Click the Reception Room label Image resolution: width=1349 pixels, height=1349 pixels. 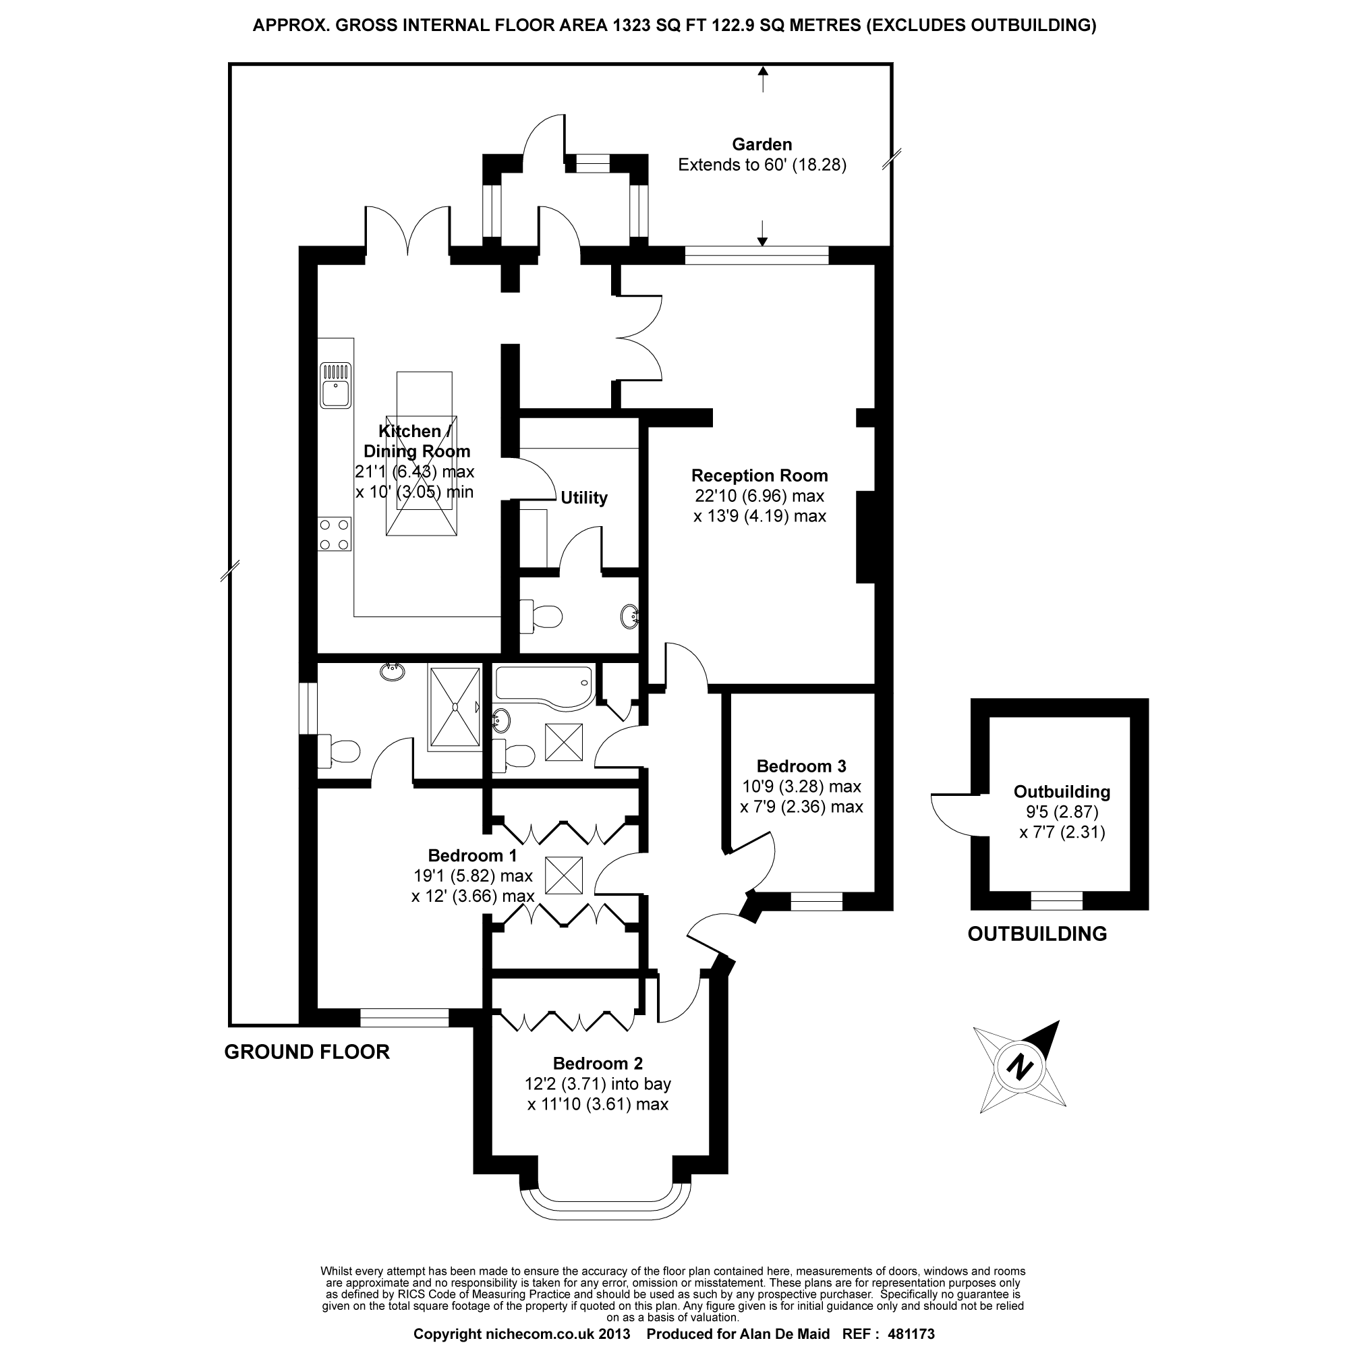coord(759,476)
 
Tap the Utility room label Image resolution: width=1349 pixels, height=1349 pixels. coord(583,498)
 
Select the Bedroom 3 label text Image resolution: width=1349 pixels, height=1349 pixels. coord(801,766)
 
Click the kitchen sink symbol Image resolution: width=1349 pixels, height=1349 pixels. coord(335,384)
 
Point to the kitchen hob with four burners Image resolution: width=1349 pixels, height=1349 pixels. coord(335,534)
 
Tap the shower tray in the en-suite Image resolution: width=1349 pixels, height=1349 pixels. coord(455,708)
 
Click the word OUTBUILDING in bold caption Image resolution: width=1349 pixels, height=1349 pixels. coord(1037,934)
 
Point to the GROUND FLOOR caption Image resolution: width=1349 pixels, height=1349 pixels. coord(306,1052)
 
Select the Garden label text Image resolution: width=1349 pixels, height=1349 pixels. coord(762,144)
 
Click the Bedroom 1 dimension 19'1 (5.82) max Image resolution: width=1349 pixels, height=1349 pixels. coord(473,876)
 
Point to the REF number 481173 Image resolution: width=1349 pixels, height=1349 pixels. coord(911,1334)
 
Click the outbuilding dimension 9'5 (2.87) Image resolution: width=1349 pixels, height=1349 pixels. coord(1061,812)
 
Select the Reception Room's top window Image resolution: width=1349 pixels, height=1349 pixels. coord(756,256)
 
